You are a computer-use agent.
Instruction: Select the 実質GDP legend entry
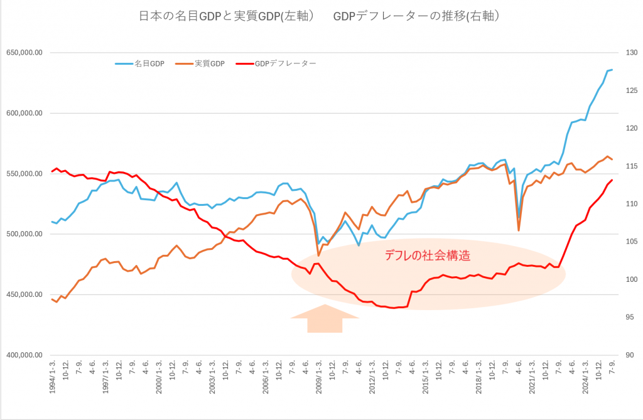tap(202, 63)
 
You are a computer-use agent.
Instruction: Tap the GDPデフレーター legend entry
tap(277, 63)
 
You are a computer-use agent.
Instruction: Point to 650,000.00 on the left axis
tap(24, 53)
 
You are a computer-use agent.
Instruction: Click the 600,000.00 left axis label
tap(24, 114)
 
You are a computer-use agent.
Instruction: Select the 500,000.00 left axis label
tap(24, 234)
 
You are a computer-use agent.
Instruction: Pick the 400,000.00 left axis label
tap(24, 355)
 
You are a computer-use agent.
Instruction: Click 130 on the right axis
tap(626, 53)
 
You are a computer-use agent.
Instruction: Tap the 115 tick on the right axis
tap(626, 166)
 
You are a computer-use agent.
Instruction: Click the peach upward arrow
tap(324, 318)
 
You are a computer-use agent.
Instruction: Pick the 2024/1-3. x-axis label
tap(585, 379)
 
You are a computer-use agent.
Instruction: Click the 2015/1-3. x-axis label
tap(425, 379)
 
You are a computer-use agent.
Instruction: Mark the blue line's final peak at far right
tap(612, 70)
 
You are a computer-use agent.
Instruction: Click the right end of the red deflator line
tap(612, 180)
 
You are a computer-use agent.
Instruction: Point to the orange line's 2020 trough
tap(519, 230)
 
